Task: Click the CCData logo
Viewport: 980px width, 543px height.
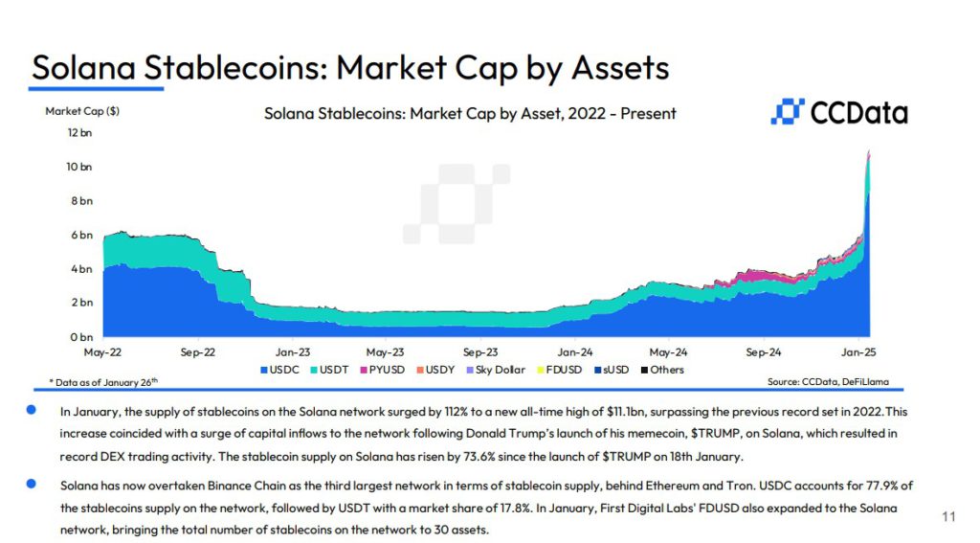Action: pyautogui.click(x=838, y=113)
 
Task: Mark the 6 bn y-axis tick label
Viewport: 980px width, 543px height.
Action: pyautogui.click(x=80, y=235)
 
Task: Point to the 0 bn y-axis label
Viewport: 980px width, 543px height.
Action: pyautogui.click(x=80, y=337)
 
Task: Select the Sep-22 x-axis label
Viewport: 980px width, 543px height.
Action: pyautogui.click(x=196, y=351)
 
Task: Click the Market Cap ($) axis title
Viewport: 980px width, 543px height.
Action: pyautogui.click(x=82, y=111)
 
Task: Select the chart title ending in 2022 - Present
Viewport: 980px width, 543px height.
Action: pyautogui.click(x=470, y=113)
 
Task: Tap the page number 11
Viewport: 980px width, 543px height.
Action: pyautogui.click(x=948, y=517)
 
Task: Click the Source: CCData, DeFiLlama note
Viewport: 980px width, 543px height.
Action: pyautogui.click(x=828, y=381)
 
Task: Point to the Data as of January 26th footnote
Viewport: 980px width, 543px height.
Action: pyautogui.click(x=103, y=381)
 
